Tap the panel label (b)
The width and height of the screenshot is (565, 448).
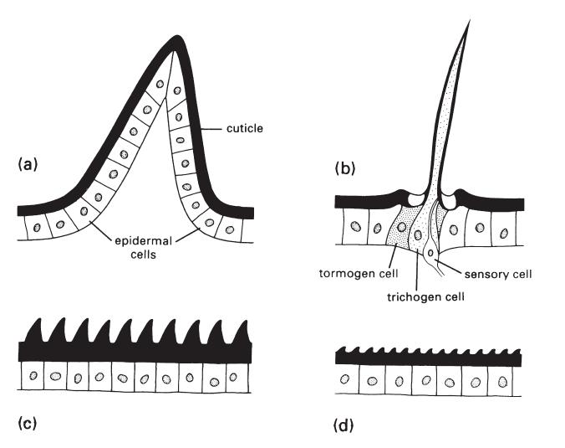[x=345, y=167]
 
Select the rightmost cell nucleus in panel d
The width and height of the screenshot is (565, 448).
[x=503, y=383]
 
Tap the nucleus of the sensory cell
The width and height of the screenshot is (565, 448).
[x=430, y=252]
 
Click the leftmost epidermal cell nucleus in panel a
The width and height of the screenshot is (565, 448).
[x=35, y=226]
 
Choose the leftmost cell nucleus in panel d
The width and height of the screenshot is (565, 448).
[x=344, y=381]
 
